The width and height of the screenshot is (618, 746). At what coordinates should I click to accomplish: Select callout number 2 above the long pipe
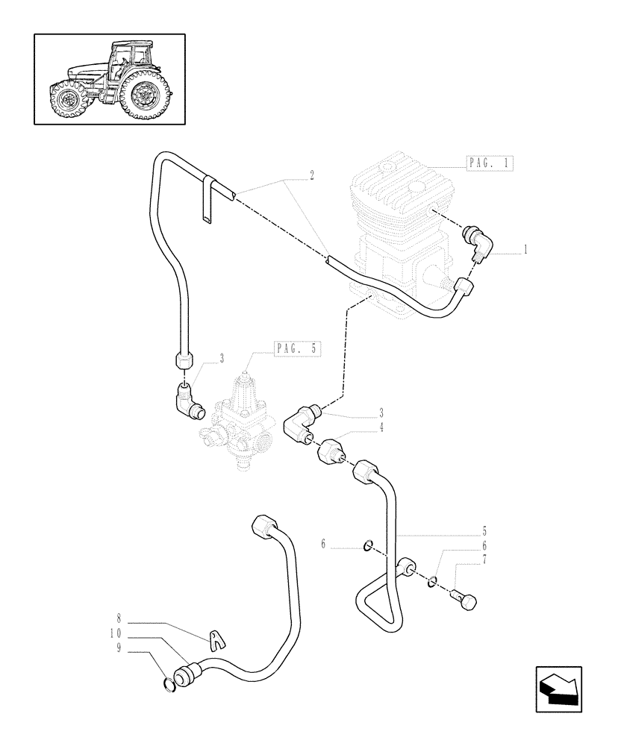pyautogui.click(x=311, y=176)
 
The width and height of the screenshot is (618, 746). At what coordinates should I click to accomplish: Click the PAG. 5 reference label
pyautogui.click(x=297, y=348)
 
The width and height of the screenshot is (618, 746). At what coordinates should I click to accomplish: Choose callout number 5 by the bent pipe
pyautogui.click(x=484, y=531)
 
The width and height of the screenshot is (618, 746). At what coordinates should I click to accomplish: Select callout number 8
pyautogui.click(x=118, y=618)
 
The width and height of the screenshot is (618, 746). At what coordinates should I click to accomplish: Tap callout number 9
pyautogui.click(x=118, y=649)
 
